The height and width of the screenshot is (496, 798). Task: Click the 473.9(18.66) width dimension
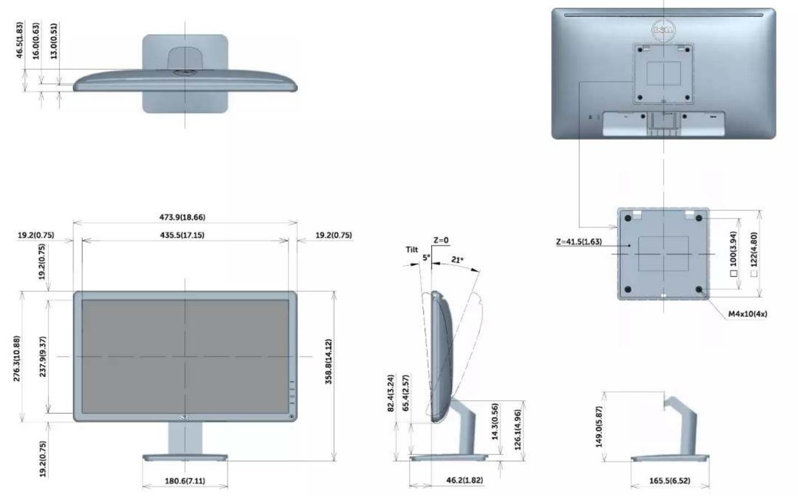tap(182, 217)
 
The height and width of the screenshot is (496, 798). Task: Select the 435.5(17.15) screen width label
tap(182, 235)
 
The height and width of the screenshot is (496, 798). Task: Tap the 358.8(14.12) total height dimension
tap(329, 361)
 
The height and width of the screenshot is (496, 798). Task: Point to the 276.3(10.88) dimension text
tap(17, 358)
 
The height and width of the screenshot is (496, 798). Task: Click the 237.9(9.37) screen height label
tap(43, 357)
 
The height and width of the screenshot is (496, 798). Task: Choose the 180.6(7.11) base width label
tap(185, 481)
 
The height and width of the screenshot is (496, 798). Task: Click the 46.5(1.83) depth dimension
tap(20, 40)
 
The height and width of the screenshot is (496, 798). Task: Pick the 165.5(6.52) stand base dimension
tap(670, 481)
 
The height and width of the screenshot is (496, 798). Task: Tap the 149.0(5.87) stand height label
tap(599, 427)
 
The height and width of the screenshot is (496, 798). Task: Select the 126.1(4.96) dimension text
tap(518, 430)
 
